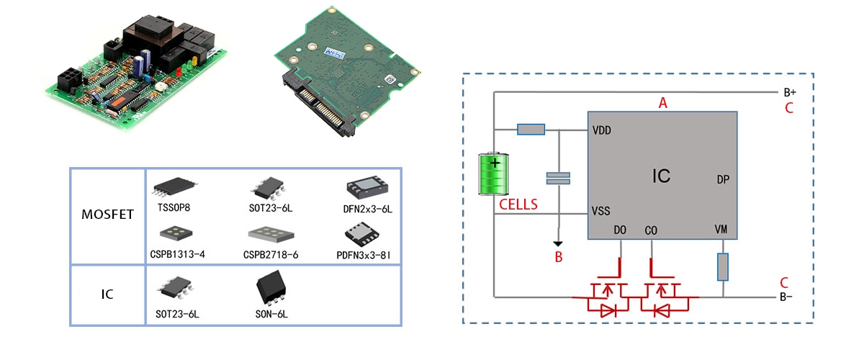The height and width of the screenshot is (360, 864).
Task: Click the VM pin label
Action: (x=721, y=229)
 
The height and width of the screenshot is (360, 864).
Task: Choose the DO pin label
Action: (x=620, y=230)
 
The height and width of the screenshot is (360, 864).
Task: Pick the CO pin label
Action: (x=651, y=230)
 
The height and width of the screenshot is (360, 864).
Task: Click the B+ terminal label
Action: (x=789, y=93)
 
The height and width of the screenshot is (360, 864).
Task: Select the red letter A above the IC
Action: (x=664, y=103)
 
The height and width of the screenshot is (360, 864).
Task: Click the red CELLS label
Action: (x=518, y=204)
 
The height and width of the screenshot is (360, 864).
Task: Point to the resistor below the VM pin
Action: (x=722, y=266)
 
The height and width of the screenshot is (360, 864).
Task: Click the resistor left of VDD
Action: (x=531, y=130)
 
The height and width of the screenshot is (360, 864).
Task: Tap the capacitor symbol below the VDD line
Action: (x=558, y=178)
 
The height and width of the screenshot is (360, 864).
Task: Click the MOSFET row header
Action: (x=107, y=215)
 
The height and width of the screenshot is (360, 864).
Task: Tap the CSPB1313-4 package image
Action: (x=173, y=233)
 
